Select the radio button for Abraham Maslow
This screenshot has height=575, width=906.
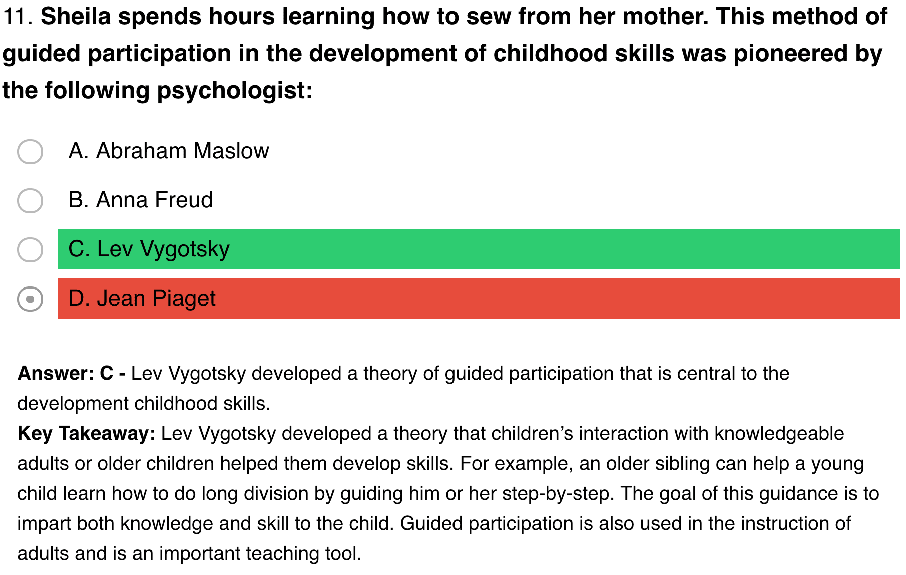coord(30,152)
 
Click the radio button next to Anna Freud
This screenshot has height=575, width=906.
coord(30,201)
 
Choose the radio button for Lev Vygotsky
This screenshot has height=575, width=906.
coord(30,250)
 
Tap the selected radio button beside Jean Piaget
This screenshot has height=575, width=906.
coord(30,299)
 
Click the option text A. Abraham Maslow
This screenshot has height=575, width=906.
coord(169,151)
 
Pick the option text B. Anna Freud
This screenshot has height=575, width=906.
coord(141,200)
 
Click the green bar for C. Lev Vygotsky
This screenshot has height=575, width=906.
coord(479,249)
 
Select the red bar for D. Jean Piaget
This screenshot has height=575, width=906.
coord(479,299)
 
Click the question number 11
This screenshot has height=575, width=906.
coord(18,17)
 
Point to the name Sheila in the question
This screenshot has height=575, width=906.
coord(76,17)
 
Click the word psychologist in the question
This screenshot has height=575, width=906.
coord(235,91)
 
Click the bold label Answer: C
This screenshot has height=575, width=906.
coord(71,373)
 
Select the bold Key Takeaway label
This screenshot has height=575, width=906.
coord(87,433)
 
